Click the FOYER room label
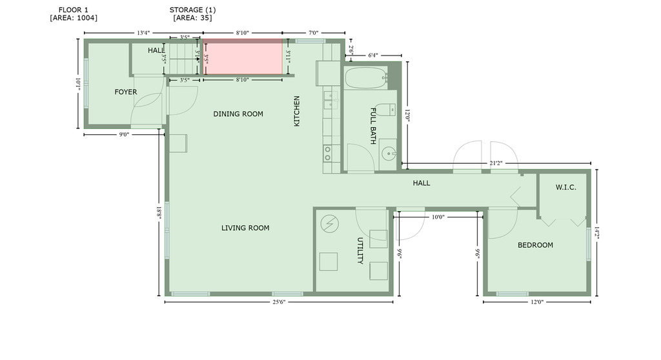(x=126, y=92)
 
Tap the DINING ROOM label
(x=238, y=114)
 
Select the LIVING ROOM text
(x=245, y=228)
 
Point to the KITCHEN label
(x=297, y=111)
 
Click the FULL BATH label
(x=373, y=126)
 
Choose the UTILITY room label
(x=360, y=250)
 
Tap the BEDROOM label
(x=535, y=245)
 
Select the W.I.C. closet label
(x=565, y=187)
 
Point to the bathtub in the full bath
(x=366, y=78)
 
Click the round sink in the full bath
(x=389, y=154)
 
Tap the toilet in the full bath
(x=385, y=110)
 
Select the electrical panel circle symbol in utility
(x=330, y=225)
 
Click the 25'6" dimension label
(x=279, y=302)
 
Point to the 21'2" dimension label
(x=496, y=163)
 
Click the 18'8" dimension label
(x=159, y=213)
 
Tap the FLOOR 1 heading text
(x=74, y=10)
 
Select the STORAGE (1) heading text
(x=192, y=10)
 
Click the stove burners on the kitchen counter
(x=327, y=154)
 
